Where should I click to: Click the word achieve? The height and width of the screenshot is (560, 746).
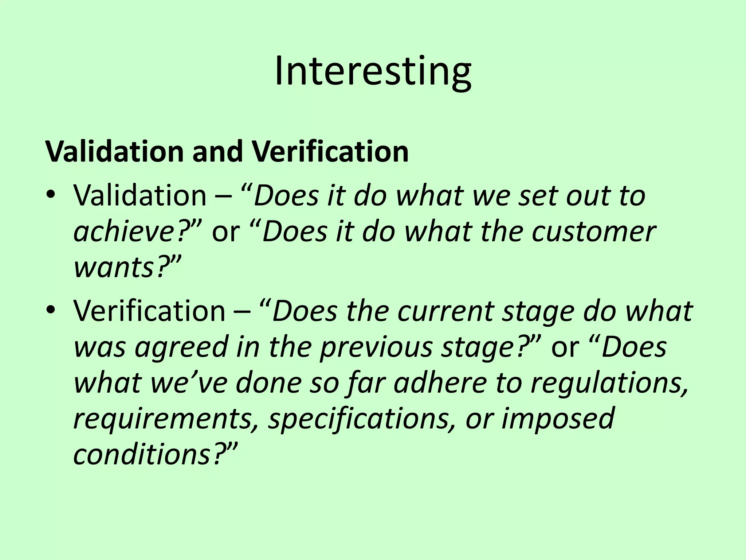coord(126,233)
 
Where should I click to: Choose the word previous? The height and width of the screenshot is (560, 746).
coord(376,347)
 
